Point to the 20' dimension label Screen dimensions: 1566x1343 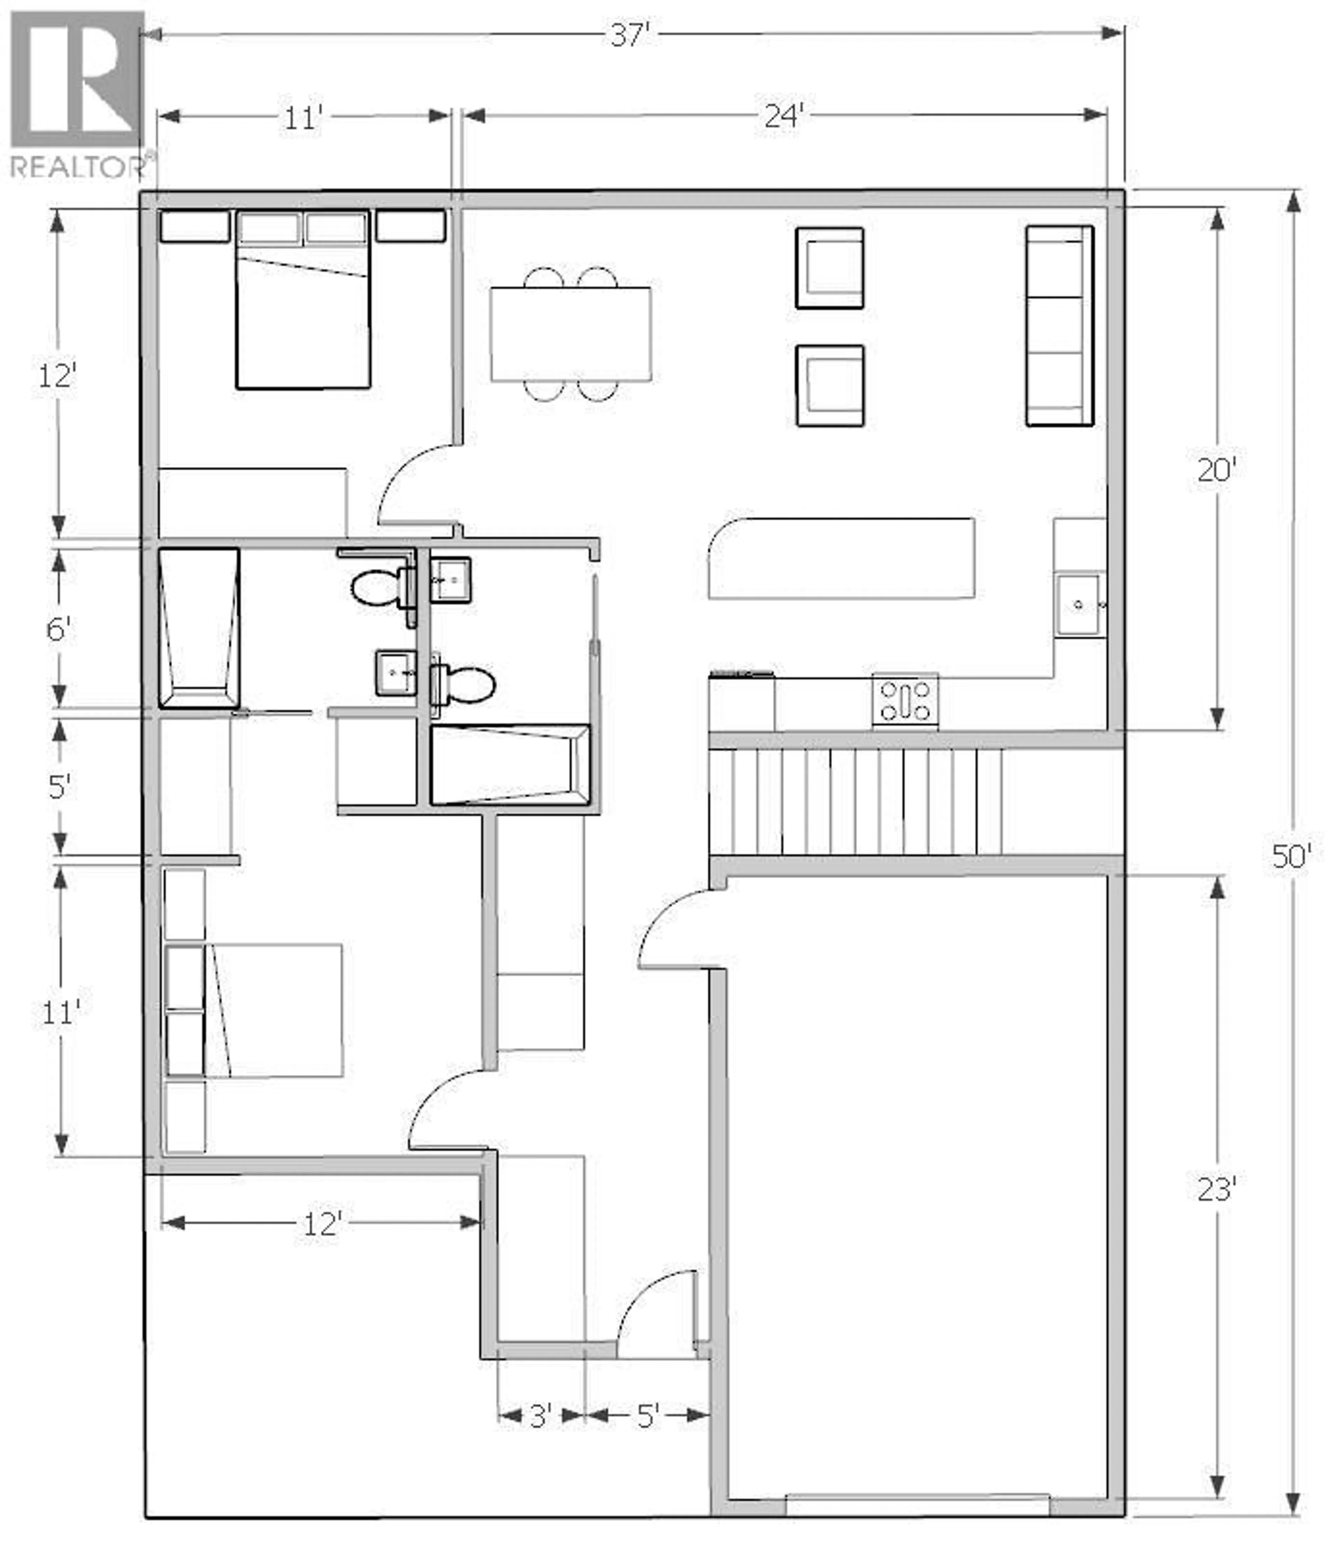1215,470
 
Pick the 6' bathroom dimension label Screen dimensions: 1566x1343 58,628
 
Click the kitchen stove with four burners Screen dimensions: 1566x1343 905,700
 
